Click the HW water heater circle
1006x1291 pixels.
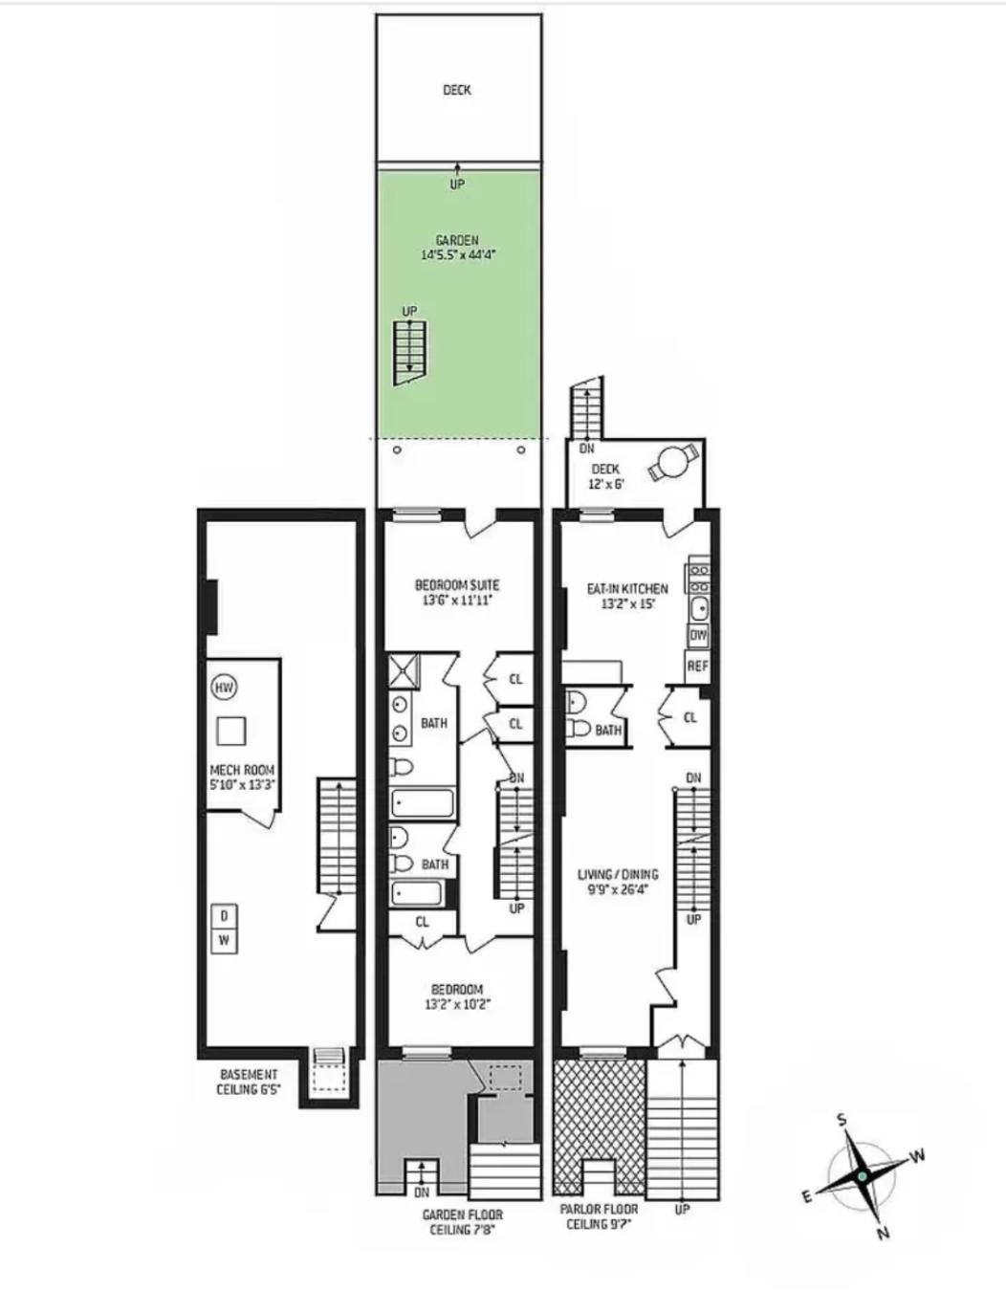coord(224,687)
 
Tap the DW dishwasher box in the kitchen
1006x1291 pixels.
coord(698,635)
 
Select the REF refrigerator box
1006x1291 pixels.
coord(698,666)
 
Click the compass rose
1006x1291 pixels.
coord(863,1175)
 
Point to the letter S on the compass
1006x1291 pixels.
coord(842,1120)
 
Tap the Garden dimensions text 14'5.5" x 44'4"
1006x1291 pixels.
coord(457,255)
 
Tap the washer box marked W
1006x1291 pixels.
coord(224,939)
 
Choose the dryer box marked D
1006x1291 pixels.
coord(224,916)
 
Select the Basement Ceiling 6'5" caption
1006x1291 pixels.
coord(249,1082)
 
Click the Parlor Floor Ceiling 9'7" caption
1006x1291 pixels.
coord(599,1216)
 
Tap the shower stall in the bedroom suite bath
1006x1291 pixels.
coord(404,671)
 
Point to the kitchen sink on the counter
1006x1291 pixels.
coord(698,607)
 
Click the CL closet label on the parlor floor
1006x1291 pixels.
coord(690,717)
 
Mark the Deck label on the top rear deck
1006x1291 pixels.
coord(457,90)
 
